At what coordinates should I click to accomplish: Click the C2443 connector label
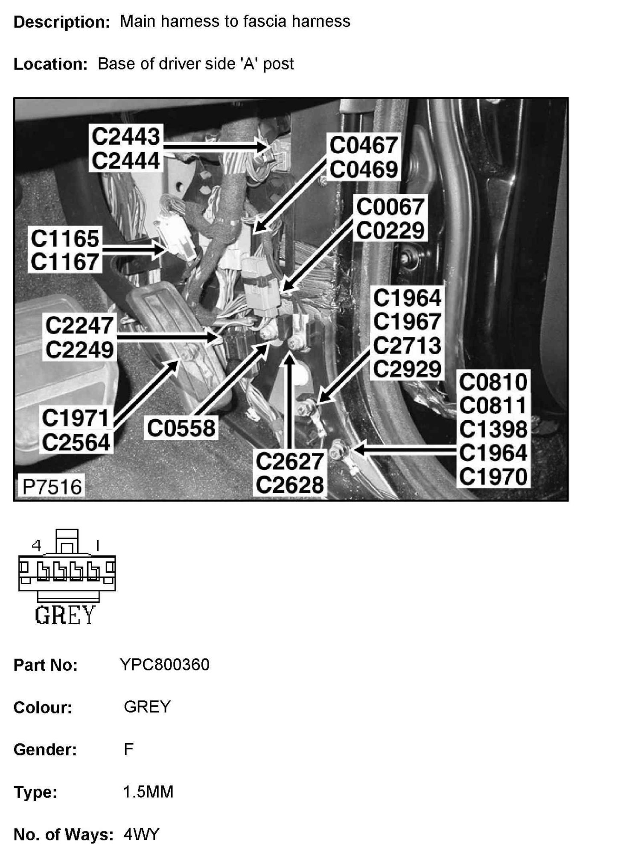(125, 137)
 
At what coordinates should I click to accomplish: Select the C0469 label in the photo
(363, 170)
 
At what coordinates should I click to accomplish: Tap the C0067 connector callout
(390, 207)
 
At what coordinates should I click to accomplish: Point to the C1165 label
(65, 238)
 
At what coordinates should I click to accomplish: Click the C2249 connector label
(80, 350)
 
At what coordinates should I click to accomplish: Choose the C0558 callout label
(181, 428)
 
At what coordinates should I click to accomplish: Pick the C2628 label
(290, 485)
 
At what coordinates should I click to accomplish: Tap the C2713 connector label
(407, 345)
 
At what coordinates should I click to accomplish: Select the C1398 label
(493, 430)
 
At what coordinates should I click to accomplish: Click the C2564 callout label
(76, 442)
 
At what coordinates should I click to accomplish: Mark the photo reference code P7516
(52, 487)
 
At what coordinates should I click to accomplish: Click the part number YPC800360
(165, 665)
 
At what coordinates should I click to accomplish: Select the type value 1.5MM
(148, 792)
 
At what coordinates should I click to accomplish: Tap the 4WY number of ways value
(141, 834)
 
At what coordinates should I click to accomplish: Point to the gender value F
(128, 749)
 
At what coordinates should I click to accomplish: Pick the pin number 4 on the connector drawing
(37, 545)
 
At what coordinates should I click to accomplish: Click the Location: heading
(50, 64)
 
